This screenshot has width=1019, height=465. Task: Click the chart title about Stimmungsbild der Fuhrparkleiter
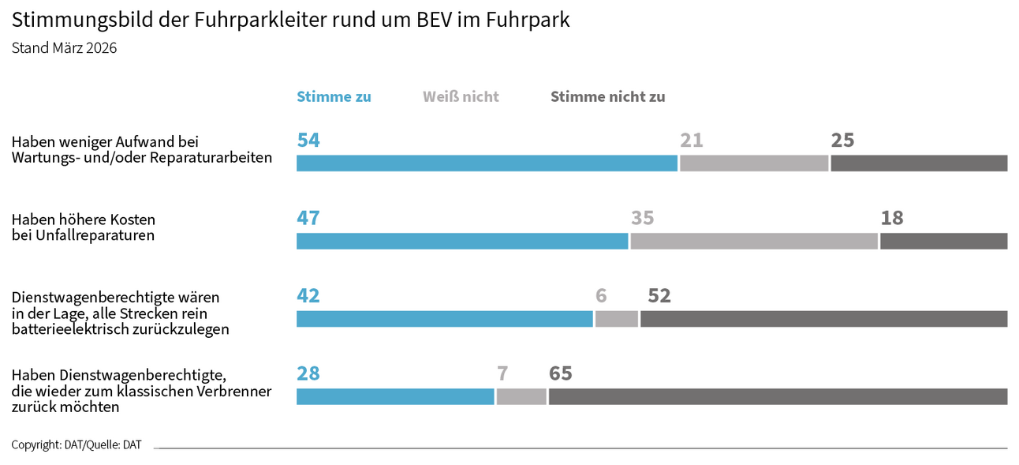pos(290,21)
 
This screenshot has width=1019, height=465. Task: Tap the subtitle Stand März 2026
pos(64,48)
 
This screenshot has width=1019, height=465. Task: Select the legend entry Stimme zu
pos(334,97)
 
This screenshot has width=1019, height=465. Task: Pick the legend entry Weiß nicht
pos(461,97)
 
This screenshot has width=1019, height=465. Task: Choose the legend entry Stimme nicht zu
pos(607,97)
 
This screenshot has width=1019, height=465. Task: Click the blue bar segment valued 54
pos(487,163)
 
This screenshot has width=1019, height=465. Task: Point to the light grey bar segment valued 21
pos(754,163)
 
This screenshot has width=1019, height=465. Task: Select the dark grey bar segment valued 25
pos(919,163)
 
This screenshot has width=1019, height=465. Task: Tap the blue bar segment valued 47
pos(462,242)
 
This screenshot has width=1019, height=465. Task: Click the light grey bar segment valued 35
pos(754,242)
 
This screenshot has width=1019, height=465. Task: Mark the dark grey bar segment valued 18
pos(943,242)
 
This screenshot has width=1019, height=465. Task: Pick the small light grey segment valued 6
pos(616,319)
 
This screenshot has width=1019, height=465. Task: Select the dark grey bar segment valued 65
pos(778,397)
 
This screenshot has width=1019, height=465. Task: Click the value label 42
pos(308,296)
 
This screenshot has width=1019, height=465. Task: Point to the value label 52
pos(659,296)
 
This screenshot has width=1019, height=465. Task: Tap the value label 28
pos(308,373)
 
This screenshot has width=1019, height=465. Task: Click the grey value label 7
pos(502,373)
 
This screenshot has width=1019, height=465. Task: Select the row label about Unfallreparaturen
pos(83,227)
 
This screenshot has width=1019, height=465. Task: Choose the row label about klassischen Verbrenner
pos(141,391)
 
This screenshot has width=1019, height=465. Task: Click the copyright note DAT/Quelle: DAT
pos(77,445)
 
